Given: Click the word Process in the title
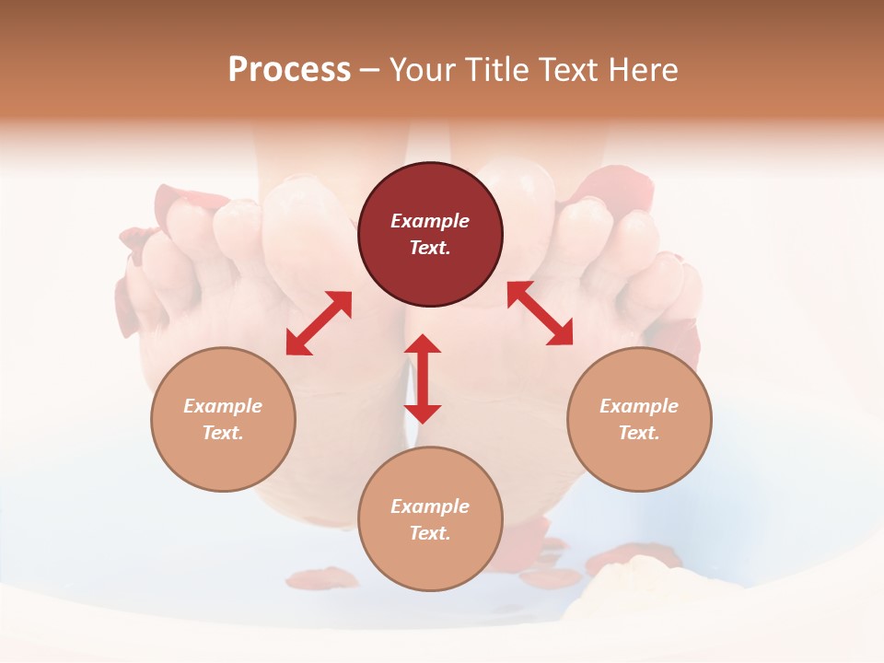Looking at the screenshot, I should click(x=289, y=70).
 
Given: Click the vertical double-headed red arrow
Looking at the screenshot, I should click(x=423, y=378).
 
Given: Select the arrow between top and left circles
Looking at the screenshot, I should click(x=319, y=323).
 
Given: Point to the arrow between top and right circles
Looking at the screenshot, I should click(x=540, y=313).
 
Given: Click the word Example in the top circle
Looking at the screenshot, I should click(x=430, y=221).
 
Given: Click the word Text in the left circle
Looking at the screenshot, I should click(x=223, y=433).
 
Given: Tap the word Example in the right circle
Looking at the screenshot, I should click(x=639, y=406).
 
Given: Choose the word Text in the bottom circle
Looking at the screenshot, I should click(x=430, y=533).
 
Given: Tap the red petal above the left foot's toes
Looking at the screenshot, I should click(x=189, y=197).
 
